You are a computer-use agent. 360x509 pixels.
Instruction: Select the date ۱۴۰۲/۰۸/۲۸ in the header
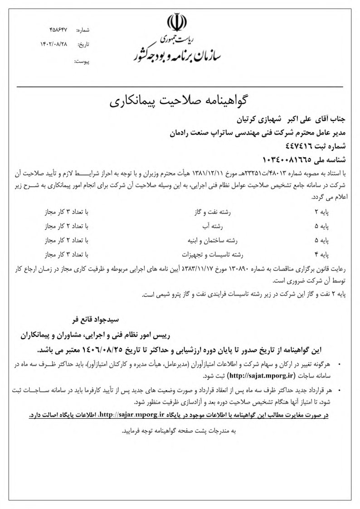pos(54,45)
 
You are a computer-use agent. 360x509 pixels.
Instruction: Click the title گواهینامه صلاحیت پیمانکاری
pos(180,100)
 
